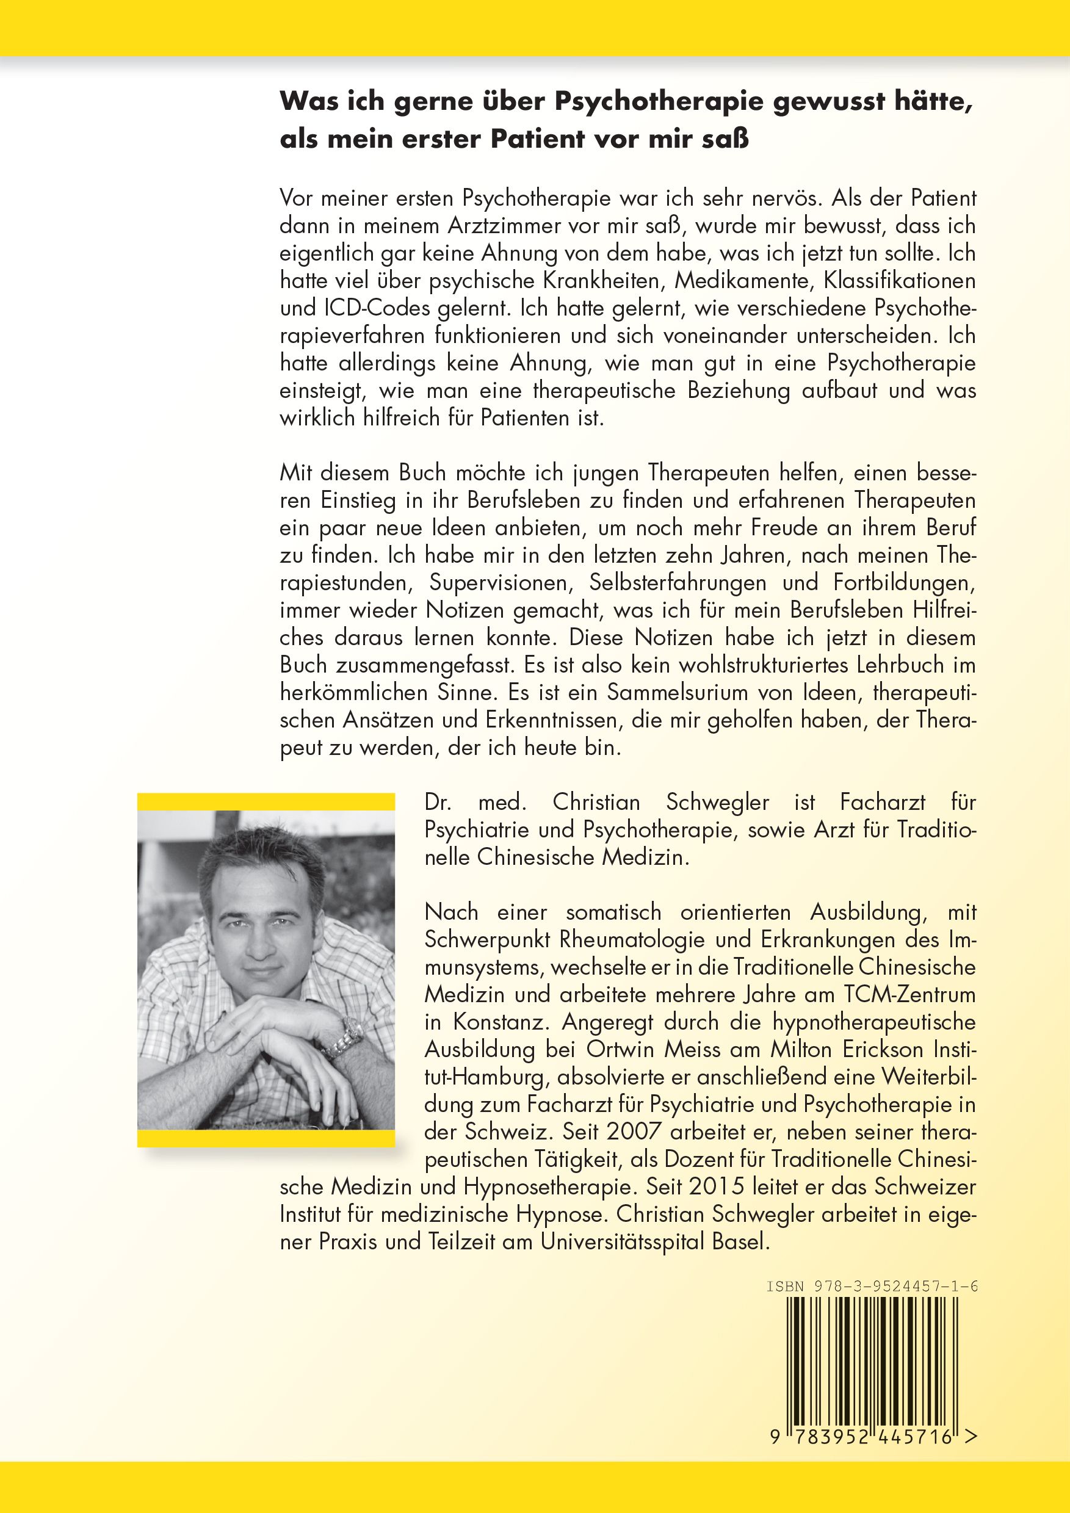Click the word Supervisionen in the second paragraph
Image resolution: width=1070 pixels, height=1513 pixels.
tap(499, 582)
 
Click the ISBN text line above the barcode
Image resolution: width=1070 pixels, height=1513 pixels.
tap(871, 1287)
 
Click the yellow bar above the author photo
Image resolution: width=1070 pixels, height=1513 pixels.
tap(266, 801)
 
